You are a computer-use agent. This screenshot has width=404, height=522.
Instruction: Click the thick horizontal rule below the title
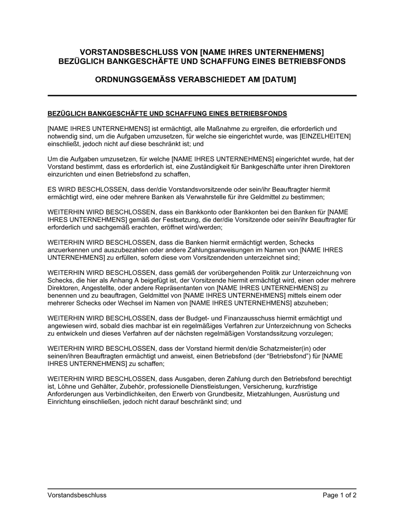202,95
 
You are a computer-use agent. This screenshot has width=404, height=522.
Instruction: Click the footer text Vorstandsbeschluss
77,495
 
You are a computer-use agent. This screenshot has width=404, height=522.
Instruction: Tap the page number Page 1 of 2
339,495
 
